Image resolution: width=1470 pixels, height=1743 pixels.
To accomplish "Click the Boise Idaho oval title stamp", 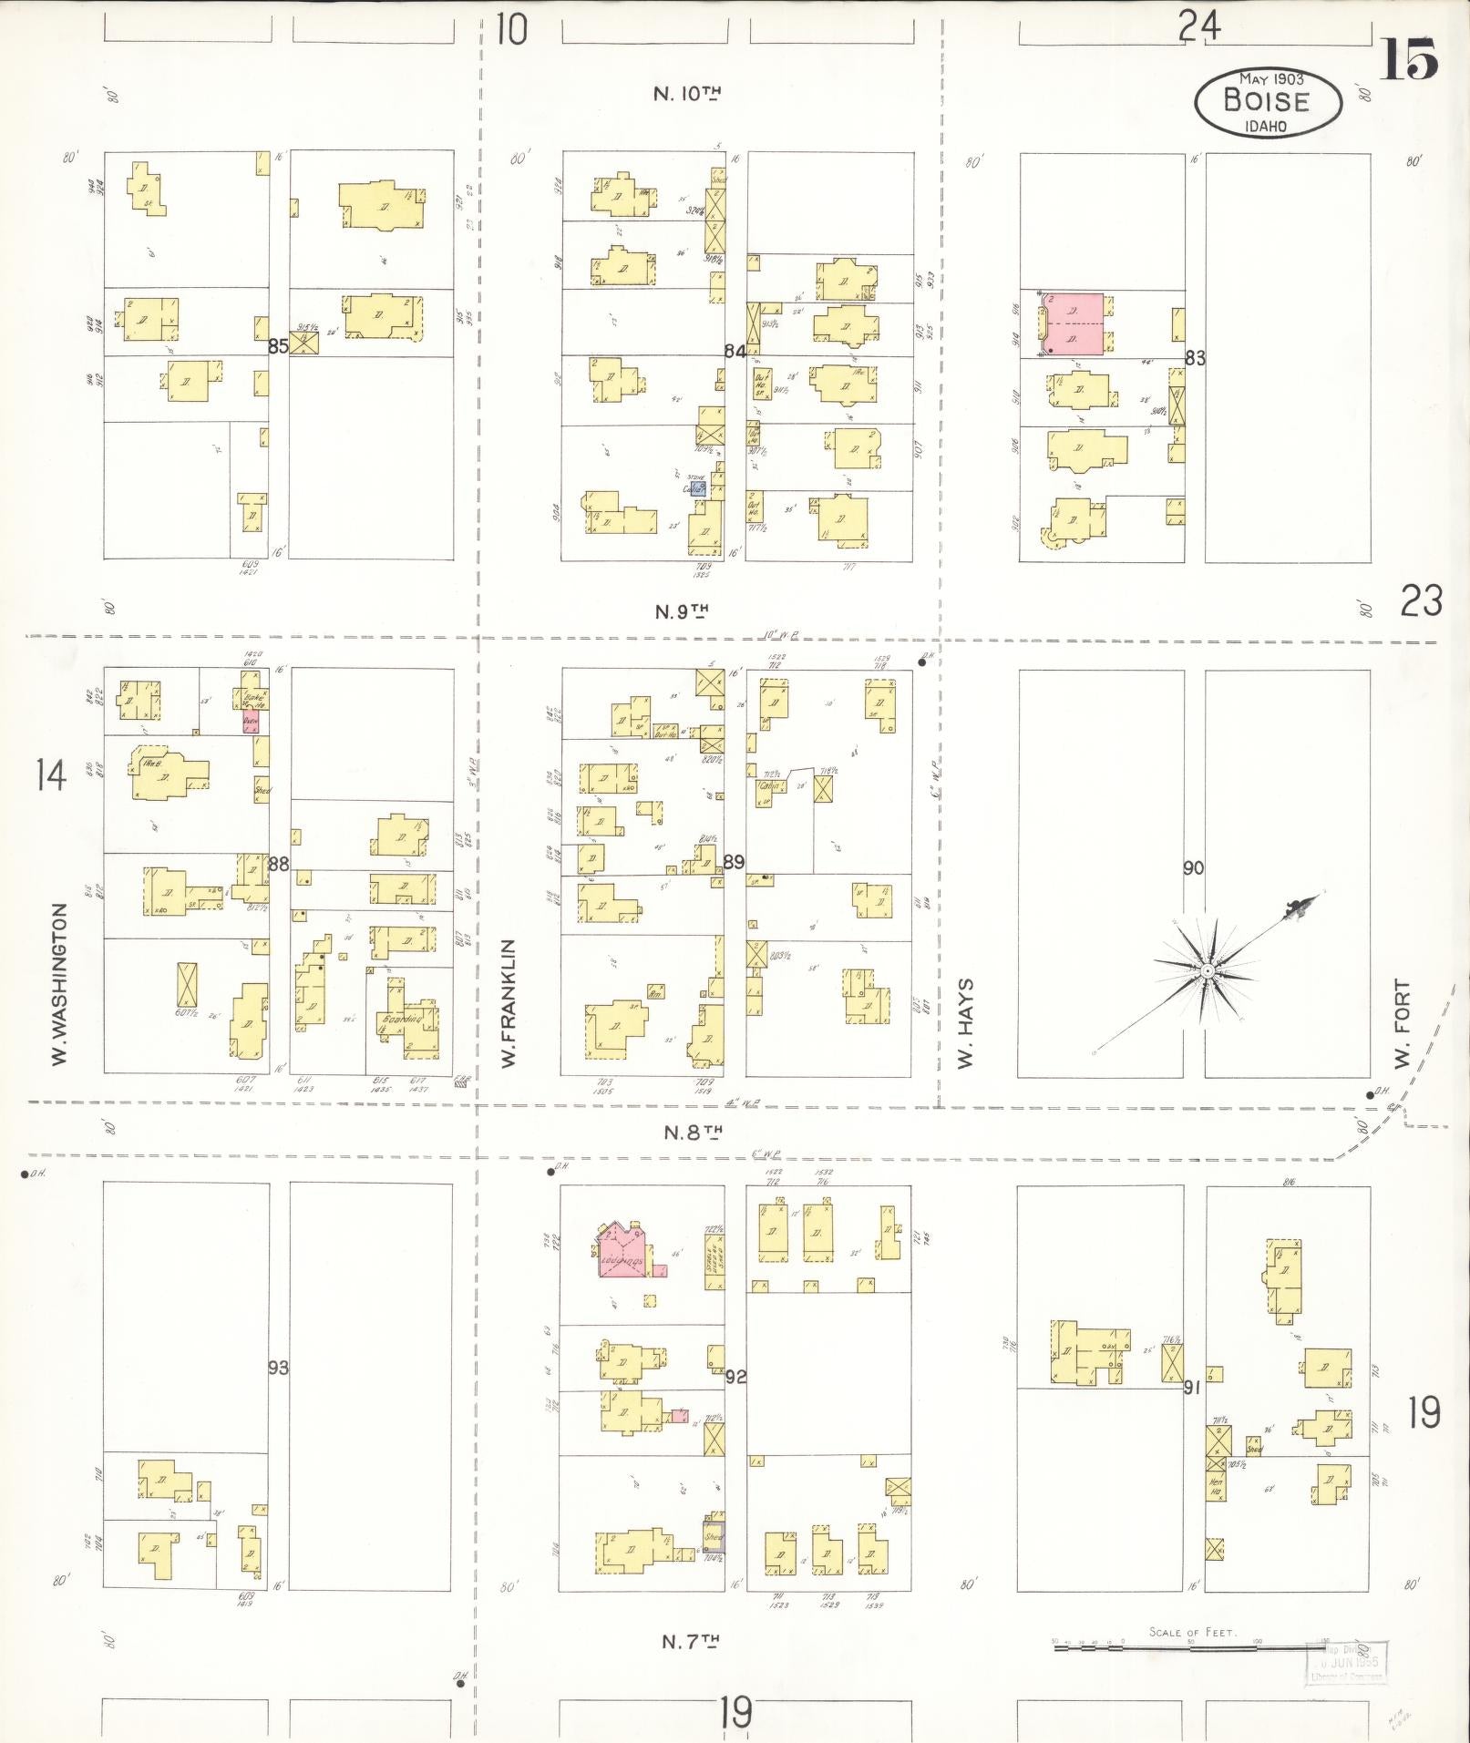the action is (x=1268, y=102).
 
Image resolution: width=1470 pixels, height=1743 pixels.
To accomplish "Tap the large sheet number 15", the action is (x=1407, y=61).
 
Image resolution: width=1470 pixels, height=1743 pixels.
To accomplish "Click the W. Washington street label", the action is (x=60, y=984).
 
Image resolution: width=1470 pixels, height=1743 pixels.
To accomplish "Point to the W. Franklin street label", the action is (x=509, y=1003).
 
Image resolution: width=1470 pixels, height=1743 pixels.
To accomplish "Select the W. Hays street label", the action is (x=965, y=1022).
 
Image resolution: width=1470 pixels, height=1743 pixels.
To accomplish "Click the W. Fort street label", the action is (x=1402, y=1024).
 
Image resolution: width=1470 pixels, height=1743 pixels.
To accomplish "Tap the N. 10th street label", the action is (x=687, y=93).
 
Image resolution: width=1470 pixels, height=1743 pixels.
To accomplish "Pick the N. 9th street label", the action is (x=688, y=611).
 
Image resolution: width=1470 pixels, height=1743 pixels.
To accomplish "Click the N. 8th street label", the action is (x=693, y=1133).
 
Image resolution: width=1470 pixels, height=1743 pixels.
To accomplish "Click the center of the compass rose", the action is (x=1207, y=971).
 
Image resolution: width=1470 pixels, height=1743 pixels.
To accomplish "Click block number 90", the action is (x=1193, y=868).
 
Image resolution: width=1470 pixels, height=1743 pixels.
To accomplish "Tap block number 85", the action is (x=278, y=346).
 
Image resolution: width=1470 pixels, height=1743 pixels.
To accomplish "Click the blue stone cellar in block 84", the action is (x=697, y=488).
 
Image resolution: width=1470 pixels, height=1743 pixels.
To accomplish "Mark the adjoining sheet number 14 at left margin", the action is (x=50, y=776).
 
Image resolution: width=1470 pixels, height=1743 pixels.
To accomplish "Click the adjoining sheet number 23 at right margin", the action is (x=1422, y=601).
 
